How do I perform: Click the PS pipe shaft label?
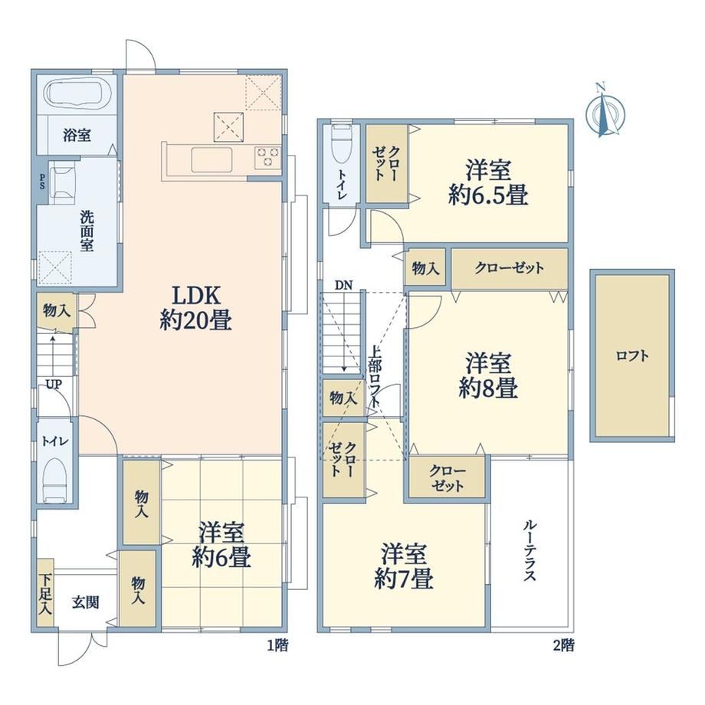pyautogui.click(x=42, y=181)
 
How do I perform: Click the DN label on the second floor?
pyautogui.click(x=343, y=284)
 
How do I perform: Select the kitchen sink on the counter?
pyautogui.click(x=212, y=159)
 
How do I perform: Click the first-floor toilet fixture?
pyautogui.click(x=55, y=480)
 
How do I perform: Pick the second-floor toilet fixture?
pyautogui.click(x=341, y=145)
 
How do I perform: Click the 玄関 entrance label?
pyautogui.click(x=85, y=602)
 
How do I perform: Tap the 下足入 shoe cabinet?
pyautogui.click(x=45, y=593)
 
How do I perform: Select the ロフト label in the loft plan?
pyautogui.click(x=632, y=356)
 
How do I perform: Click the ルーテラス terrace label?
pyautogui.click(x=530, y=550)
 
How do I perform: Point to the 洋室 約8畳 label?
pyautogui.click(x=488, y=376)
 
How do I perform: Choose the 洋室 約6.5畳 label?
pyautogui.click(x=488, y=182)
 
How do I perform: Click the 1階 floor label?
pyautogui.click(x=277, y=646)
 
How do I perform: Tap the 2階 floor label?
pyautogui.click(x=563, y=646)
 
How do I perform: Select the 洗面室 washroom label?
pyautogui.click(x=87, y=231)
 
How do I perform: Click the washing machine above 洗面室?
pyautogui.click(x=62, y=183)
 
